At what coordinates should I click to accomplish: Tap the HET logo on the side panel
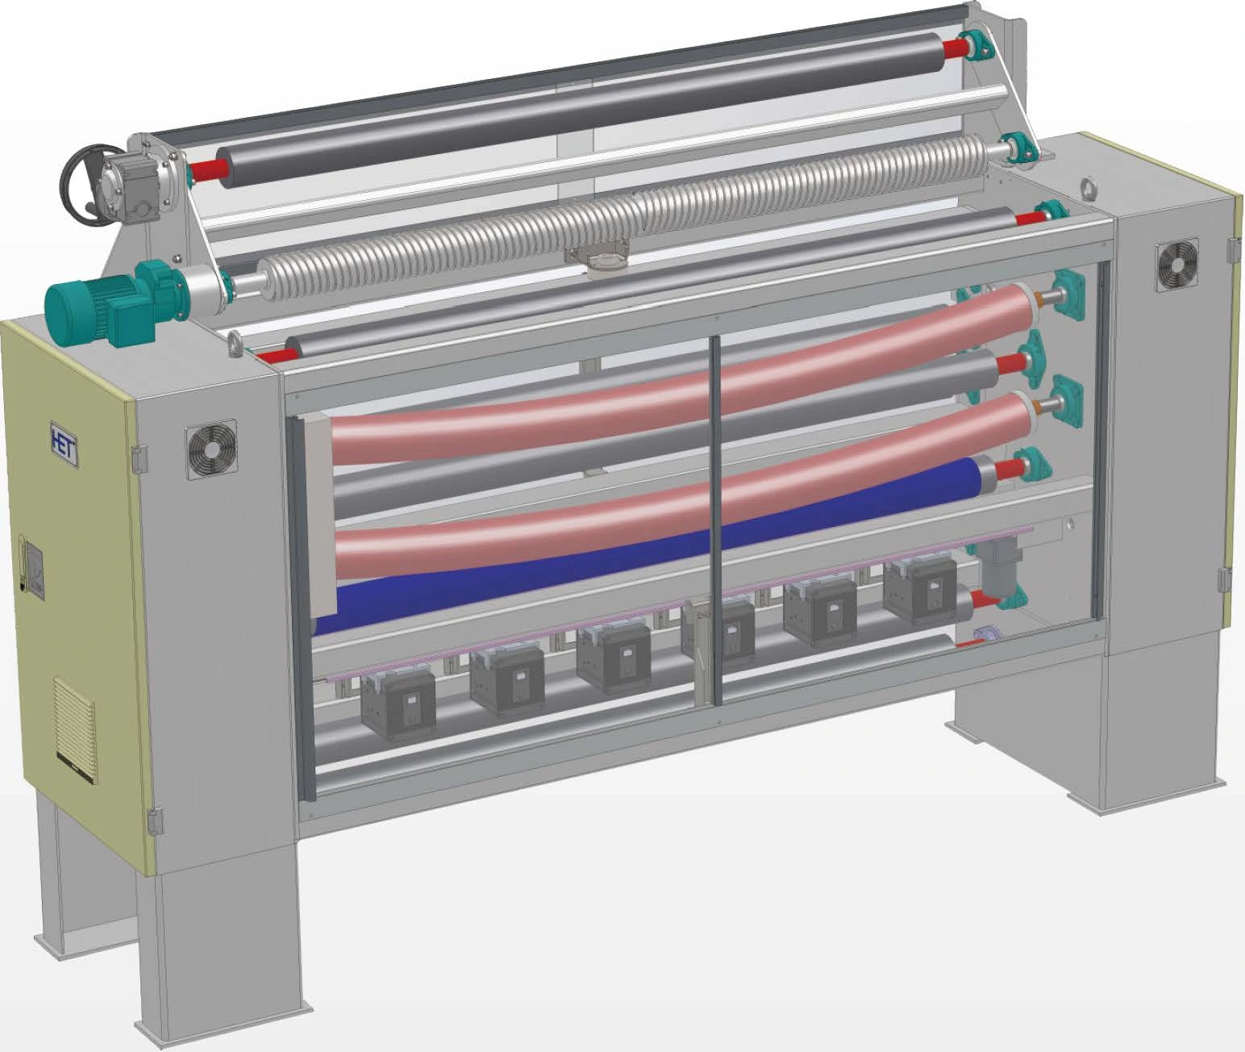(x=64, y=445)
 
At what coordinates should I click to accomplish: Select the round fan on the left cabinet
(x=212, y=449)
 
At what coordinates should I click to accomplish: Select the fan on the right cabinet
(x=1176, y=265)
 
